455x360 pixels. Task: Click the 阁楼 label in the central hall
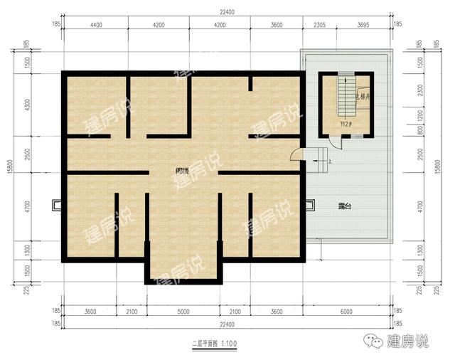tap(183, 171)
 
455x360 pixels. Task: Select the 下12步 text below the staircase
tap(346, 125)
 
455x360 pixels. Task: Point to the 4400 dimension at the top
tap(97, 25)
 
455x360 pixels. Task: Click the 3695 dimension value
tap(363, 25)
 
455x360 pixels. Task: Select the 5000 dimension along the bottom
tap(182, 310)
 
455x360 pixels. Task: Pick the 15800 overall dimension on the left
tap(10, 169)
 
